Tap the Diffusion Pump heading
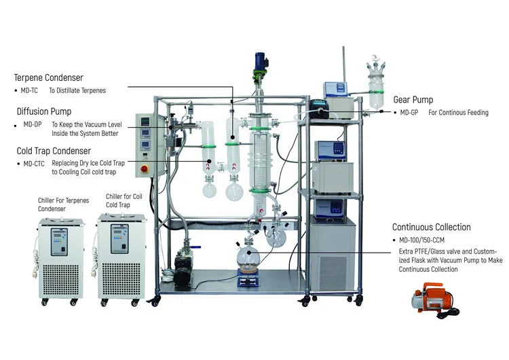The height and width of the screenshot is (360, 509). (x=44, y=111)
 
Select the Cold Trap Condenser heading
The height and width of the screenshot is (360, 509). (x=53, y=151)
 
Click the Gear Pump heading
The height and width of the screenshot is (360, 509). (x=413, y=100)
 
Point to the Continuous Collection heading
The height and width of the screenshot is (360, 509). (x=431, y=228)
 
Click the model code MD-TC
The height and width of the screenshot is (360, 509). (x=29, y=90)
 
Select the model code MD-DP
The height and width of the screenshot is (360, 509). (x=33, y=124)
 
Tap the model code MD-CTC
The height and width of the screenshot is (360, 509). (x=35, y=164)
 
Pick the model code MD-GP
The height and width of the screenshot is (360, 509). (x=409, y=113)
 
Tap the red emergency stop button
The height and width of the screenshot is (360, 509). (x=145, y=168)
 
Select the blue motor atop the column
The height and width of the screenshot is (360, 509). (x=259, y=62)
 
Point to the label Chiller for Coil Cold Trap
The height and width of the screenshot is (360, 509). (x=124, y=201)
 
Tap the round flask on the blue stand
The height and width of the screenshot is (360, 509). (x=248, y=259)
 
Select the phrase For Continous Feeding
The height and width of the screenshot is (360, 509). (x=458, y=113)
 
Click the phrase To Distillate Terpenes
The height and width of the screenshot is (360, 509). (x=77, y=90)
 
